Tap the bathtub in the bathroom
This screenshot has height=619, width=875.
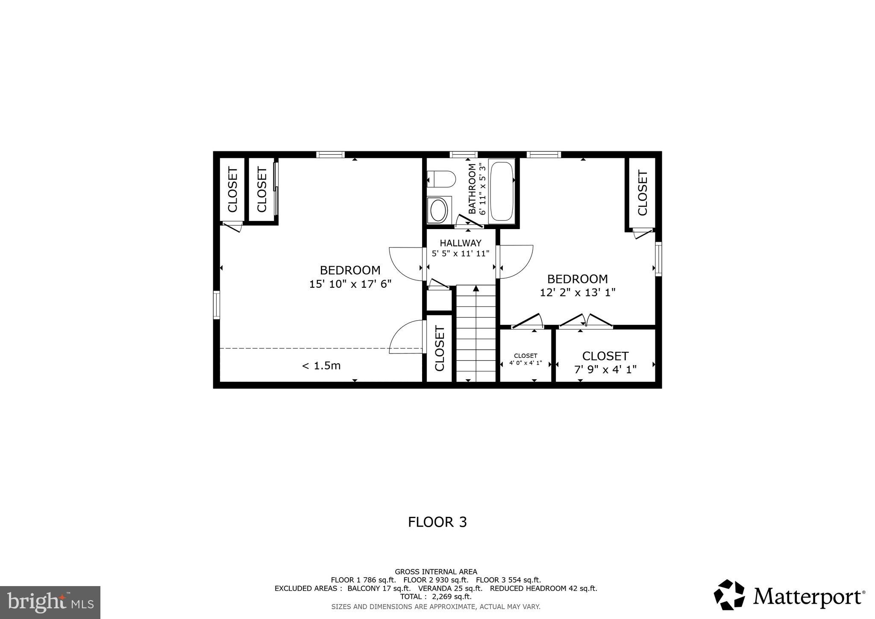[502, 190]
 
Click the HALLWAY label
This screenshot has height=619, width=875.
[461, 243]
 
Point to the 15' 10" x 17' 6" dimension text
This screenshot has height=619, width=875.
[350, 284]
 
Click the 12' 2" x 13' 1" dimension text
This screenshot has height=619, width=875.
[578, 293]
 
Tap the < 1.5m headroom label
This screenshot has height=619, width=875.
[321, 366]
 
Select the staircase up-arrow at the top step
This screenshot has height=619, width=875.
[476, 289]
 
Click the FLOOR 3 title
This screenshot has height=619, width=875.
[437, 522]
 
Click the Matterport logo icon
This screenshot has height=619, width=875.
[729, 595]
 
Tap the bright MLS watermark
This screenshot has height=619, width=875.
[50, 602]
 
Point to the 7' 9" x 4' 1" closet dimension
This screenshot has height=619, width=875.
[605, 369]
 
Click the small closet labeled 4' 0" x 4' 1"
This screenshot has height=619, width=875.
[526, 359]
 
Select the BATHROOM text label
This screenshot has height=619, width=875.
[472, 189]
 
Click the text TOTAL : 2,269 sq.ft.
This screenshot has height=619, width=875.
[436, 597]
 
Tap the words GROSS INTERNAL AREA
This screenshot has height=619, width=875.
[436, 572]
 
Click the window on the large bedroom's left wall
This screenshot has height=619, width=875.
[217, 305]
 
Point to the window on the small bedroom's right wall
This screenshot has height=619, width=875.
[658, 259]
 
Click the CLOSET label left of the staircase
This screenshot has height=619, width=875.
[440, 348]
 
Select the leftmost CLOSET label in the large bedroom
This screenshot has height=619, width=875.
[232, 189]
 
